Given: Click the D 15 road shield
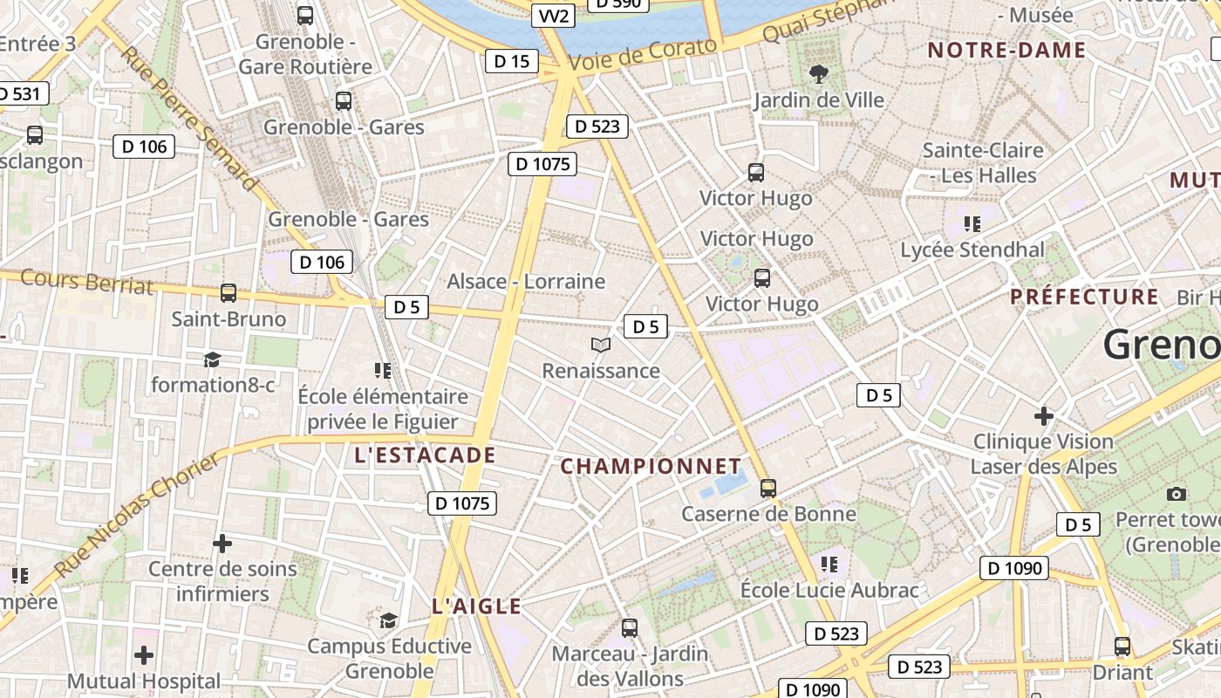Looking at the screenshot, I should pyautogui.click(x=511, y=61).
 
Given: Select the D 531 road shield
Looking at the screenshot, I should pyautogui.click(x=20, y=93).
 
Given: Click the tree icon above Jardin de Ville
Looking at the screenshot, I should pyautogui.click(x=818, y=74).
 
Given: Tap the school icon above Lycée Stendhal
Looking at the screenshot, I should pyautogui.click(x=972, y=224).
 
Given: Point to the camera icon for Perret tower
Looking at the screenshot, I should pyautogui.click(x=1177, y=495).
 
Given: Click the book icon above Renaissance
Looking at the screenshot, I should pyautogui.click(x=600, y=346).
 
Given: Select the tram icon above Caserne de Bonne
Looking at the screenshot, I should pyautogui.click(x=767, y=488).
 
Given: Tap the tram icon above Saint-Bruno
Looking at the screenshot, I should pyautogui.click(x=229, y=293).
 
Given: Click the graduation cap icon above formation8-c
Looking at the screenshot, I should pyautogui.click(x=211, y=359).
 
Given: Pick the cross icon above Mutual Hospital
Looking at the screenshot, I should pyautogui.click(x=144, y=654).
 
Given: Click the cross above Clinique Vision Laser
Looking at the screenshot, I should pyautogui.click(x=1043, y=415).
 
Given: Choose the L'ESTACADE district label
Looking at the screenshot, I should pyautogui.click(x=425, y=455).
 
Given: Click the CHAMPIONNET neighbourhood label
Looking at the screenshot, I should pyautogui.click(x=651, y=466).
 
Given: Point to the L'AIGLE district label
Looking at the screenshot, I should pyautogui.click(x=476, y=606).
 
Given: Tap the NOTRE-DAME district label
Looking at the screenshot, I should pyautogui.click(x=1006, y=50).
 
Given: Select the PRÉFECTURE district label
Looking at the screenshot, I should pyautogui.click(x=1085, y=297).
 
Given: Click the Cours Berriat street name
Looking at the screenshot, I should pyautogui.click(x=86, y=282).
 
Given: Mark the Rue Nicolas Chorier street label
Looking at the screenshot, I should pyautogui.click(x=139, y=515).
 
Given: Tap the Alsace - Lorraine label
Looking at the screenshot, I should pyautogui.click(x=526, y=281).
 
